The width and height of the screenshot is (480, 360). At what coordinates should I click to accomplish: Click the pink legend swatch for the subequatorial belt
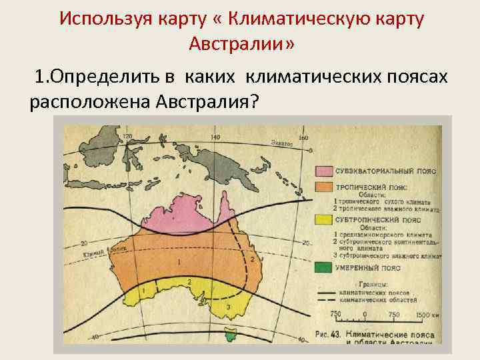coord(324,172)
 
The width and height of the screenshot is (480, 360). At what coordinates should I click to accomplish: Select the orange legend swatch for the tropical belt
coord(324,187)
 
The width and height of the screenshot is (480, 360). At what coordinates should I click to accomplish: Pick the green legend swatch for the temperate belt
coord(324,267)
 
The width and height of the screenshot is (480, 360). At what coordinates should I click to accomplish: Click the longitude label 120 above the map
coord(128,137)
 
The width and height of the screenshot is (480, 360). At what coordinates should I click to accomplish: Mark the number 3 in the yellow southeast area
coord(229,306)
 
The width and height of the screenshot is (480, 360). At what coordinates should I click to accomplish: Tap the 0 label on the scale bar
coord(364,314)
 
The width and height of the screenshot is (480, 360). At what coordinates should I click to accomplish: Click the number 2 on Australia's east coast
coord(251,258)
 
